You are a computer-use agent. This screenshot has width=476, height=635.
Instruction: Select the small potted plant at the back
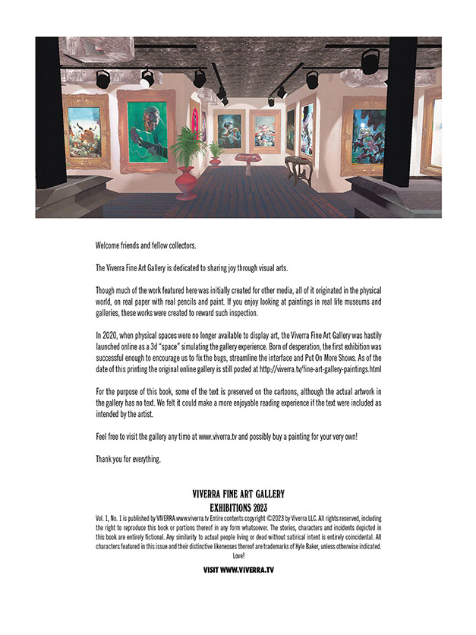pyautogui.click(x=215, y=153)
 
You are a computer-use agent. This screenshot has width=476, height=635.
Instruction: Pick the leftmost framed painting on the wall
pyautogui.click(x=84, y=131)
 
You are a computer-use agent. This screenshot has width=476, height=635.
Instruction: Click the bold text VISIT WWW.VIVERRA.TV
pyautogui.click(x=238, y=569)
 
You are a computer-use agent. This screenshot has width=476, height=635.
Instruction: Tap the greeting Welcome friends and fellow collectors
pyautogui.click(x=146, y=245)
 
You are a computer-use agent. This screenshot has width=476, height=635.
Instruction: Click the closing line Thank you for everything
pyautogui.click(x=128, y=460)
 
